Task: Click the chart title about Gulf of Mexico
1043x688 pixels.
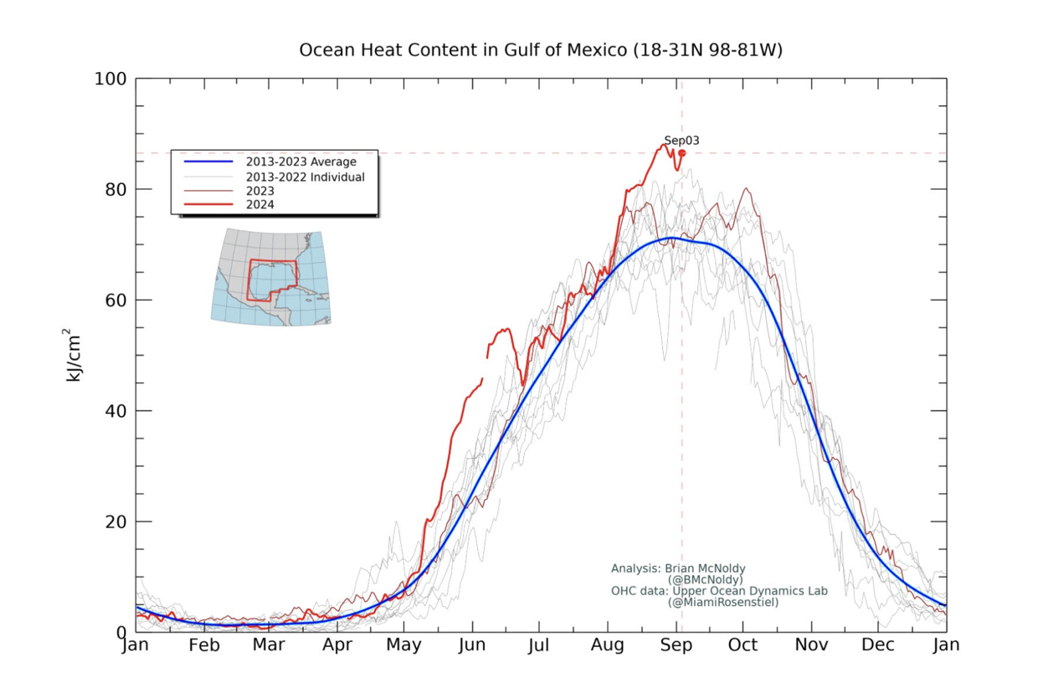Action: [541, 50]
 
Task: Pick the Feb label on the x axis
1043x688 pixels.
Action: [203, 645]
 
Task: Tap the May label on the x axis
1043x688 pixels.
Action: [405, 645]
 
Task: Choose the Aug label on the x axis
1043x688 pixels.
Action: [608, 645]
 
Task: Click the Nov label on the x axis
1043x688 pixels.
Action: [811, 645]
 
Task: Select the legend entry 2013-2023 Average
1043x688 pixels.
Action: [301, 162]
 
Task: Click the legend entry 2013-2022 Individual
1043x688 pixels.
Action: [305, 177]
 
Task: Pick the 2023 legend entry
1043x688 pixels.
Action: [259, 191]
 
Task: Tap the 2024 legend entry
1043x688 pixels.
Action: [259, 204]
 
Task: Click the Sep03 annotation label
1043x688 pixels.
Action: [681, 141]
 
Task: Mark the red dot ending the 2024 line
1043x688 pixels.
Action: [681, 153]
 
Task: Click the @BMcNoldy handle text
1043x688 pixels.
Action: [704, 579]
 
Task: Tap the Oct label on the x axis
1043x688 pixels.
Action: [742, 645]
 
